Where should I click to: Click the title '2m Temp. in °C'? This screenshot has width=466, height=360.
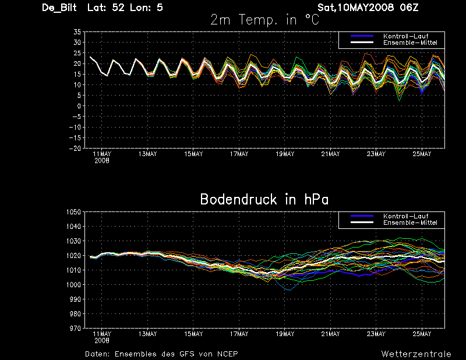264,20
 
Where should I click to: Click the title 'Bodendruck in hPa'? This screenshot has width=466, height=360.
264,199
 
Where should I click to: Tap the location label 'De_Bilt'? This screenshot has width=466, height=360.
59,8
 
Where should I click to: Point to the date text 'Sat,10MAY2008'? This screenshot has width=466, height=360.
355,8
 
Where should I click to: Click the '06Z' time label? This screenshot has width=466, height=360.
409,8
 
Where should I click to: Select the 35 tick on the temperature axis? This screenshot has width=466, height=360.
77,32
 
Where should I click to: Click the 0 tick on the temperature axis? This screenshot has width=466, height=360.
79,106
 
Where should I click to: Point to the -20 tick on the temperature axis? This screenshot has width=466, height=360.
75,149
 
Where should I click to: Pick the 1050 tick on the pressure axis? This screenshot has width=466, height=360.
74,212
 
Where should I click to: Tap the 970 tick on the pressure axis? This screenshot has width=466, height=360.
75,328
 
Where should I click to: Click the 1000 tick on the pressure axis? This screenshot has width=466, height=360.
74,284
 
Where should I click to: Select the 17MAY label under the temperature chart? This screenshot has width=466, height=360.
239,154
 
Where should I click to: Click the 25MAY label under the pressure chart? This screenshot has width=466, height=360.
422,334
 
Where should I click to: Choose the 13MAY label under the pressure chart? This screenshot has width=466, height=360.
148,334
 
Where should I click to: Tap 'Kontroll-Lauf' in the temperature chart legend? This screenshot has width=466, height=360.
405,36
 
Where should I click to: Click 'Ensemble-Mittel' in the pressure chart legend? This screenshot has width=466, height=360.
410,223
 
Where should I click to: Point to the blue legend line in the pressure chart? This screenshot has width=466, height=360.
362,216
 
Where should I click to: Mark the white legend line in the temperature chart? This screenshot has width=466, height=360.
362,43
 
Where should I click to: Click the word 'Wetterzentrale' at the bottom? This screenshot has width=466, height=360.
416,354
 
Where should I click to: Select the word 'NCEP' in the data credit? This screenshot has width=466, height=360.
228,354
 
